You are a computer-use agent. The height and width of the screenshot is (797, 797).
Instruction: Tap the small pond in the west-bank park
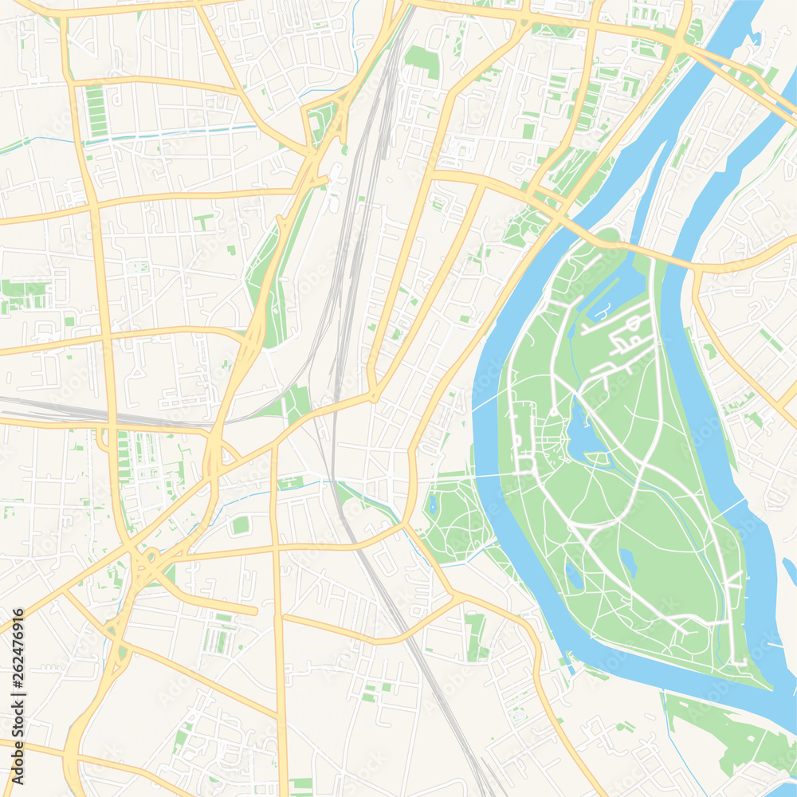click(x=433, y=504)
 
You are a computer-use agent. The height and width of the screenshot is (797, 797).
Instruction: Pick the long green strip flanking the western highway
click(x=271, y=287)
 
